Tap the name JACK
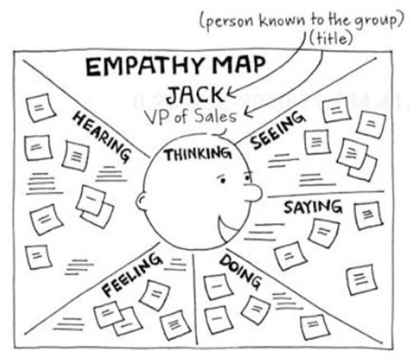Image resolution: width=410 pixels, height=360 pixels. click(x=194, y=95)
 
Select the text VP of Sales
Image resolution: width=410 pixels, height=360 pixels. click(x=191, y=117)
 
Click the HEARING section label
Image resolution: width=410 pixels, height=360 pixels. click(x=101, y=136)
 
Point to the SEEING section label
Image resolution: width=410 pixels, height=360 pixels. click(x=277, y=130)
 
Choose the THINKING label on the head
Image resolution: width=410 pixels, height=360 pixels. click(x=198, y=154)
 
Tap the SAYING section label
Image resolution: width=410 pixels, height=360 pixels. click(x=312, y=207)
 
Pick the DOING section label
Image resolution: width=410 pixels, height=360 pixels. click(x=240, y=271)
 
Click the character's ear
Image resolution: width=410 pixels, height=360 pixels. click(x=142, y=201)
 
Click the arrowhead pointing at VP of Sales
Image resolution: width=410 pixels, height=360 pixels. click(x=248, y=112)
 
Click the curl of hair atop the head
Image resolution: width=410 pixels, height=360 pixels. click(x=220, y=133)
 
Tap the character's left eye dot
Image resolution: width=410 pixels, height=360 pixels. click(x=223, y=180)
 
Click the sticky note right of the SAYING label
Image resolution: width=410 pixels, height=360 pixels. click(x=368, y=216)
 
